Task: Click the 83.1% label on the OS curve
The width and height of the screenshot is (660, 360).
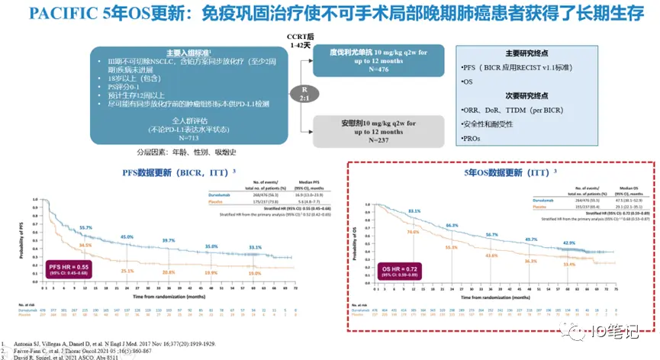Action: (x=414, y=211)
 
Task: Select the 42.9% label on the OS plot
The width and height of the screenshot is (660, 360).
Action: (x=569, y=243)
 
